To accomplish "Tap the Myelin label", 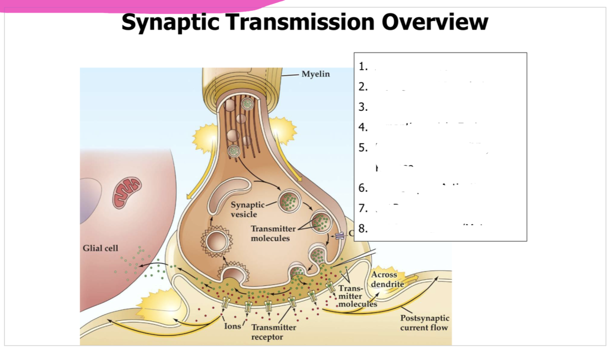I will [x=315, y=74].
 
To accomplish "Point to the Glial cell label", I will [x=100, y=248].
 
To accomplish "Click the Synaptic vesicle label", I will [x=247, y=209].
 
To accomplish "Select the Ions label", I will [x=232, y=326].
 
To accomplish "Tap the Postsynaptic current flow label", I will [x=425, y=323].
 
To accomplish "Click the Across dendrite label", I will [x=387, y=279].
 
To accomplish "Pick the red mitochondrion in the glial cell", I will [x=127, y=192].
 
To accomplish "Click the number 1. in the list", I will [x=363, y=67].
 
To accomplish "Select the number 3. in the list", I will [x=363, y=107].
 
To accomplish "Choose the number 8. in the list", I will [x=363, y=229].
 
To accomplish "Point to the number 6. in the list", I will [x=363, y=188].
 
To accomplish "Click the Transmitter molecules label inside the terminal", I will [x=273, y=233].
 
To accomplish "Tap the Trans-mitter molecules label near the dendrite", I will [x=357, y=296].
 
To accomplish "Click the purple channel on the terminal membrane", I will [x=340, y=235].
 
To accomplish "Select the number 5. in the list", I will [x=363, y=147].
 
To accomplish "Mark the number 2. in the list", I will [x=363, y=87].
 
